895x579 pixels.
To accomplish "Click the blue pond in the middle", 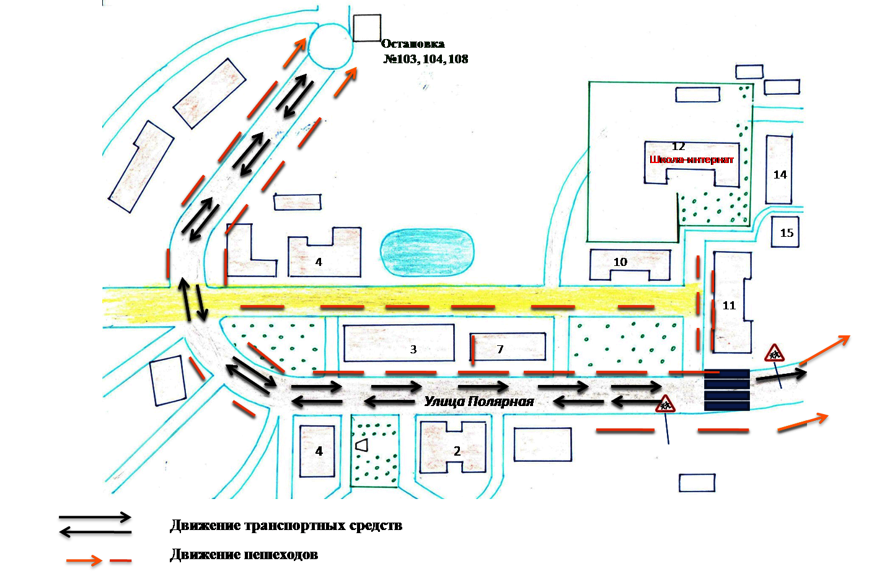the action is (x=427, y=252).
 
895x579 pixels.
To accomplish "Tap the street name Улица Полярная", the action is (x=478, y=401).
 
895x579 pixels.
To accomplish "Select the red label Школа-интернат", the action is (x=692, y=160).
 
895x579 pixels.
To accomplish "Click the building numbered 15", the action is (x=785, y=232).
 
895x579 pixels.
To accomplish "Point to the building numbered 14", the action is (x=778, y=170).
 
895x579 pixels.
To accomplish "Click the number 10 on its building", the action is (x=620, y=262).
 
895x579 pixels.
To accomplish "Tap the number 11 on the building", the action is (x=729, y=306).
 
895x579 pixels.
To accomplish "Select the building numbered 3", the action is (x=399, y=343).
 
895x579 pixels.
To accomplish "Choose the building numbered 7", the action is (x=508, y=347).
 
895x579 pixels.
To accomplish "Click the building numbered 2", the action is (x=453, y=448).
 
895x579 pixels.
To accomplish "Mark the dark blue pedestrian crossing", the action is (x=727, y=390).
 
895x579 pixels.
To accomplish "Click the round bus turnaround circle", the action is (x=331, y=45).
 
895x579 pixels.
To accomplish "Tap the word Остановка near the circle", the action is (x=413, y=43).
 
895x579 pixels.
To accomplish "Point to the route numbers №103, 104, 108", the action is (x=426, y=59).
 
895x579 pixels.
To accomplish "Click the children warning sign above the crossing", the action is (x=774, y=353).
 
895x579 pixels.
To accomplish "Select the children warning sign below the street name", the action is (x=665, y=404).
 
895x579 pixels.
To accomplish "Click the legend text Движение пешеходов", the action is (x=244, y=555).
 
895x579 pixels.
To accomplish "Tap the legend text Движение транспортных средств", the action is (x=286, y=526).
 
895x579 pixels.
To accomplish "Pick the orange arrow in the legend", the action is (x=84, y=560).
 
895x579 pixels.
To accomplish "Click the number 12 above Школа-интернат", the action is (x=679, y=147).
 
